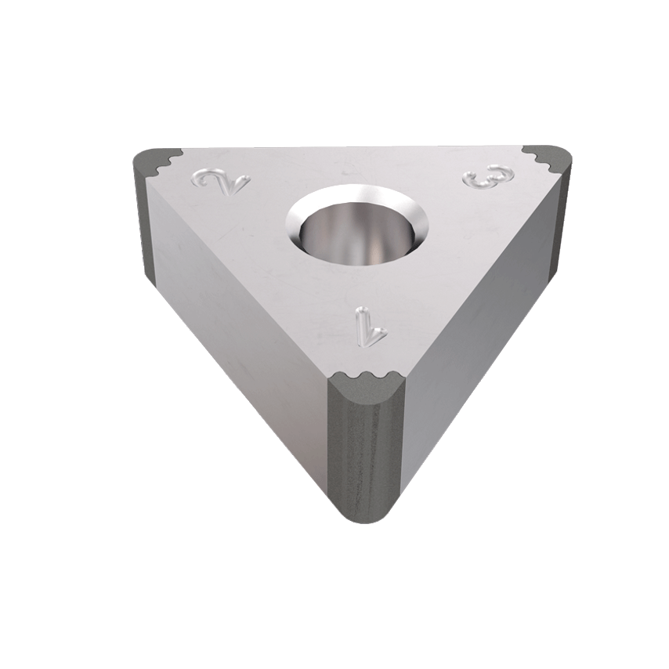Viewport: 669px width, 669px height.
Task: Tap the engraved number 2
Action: point(222,183)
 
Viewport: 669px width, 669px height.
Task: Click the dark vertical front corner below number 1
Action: point(366,454)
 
